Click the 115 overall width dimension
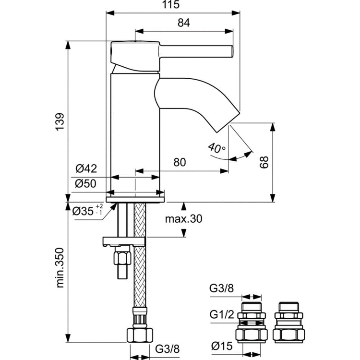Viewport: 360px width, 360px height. pyautogui.click(x=172, y=5)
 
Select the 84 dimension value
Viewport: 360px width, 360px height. pyautogui.click(x=183, y=22)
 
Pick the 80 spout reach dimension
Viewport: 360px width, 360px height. pyautogui.click(x=179, y=162)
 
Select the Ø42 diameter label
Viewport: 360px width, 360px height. pyautogui.click(x=86, y=168)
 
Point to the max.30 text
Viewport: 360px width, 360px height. pyautogui.click(x=183, y=219)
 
